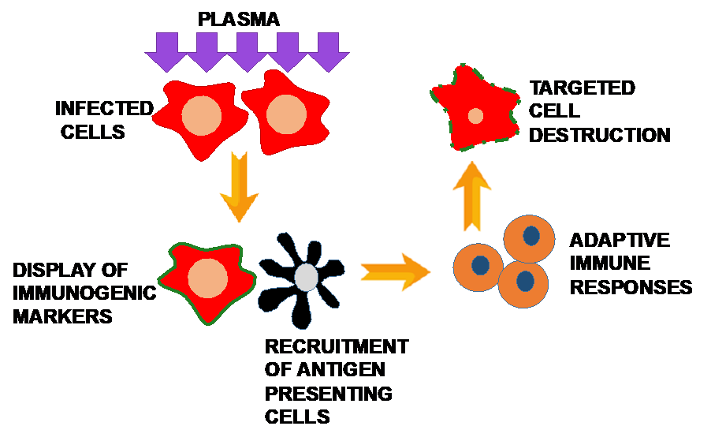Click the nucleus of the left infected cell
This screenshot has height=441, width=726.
[x=202, y=115]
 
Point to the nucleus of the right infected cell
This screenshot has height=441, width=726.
[x=286, y=114]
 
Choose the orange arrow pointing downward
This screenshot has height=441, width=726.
[x=239, y=187]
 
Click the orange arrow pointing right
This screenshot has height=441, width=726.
[x=395, y=271]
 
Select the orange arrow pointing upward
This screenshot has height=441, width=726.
[x=471, y=196]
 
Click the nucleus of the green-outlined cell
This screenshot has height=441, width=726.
[x=208, y=278]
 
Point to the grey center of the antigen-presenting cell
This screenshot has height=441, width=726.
[x=307, y=277]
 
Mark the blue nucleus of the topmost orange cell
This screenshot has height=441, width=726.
[x=532, y=235]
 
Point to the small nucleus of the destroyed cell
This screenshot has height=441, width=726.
[x=475, y=116]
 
